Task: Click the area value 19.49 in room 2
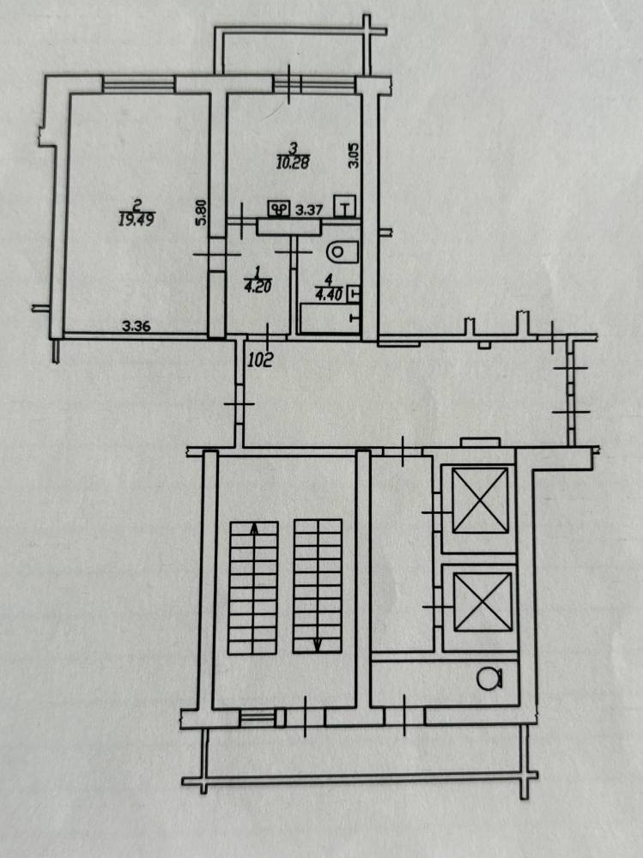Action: tap(136, 220)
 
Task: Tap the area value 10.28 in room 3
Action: tap(293, 162)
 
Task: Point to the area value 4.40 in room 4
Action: tap(329, 294)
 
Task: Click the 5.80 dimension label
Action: tap(202, 212)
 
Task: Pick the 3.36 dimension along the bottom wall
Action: tap(136, 327)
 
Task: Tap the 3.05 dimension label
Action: tap(354, 154)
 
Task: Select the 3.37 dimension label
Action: tap(308, 209)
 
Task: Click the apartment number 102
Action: tap(260, 360)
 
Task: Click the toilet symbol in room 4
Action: tap(342, 252)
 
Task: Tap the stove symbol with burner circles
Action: tap(279, 209)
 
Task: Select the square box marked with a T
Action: tap(344, 206)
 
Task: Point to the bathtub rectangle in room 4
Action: tap(329, 318)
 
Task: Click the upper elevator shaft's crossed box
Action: tap(481, 500)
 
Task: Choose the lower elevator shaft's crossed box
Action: tap(482, 601)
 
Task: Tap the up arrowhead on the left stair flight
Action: tap(253, 528)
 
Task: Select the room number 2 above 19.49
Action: tap(137, 207)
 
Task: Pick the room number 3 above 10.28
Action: tap(294, 148)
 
